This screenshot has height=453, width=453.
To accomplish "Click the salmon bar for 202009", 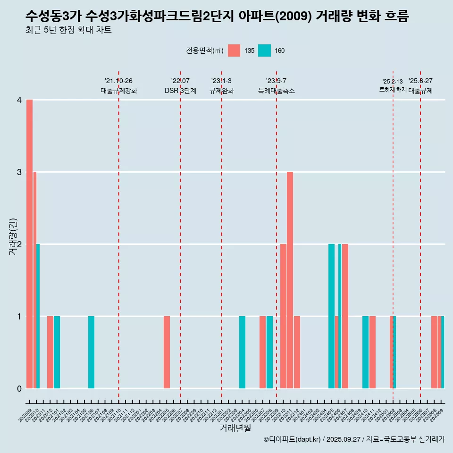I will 29,244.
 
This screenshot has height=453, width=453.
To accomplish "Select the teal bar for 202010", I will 38,316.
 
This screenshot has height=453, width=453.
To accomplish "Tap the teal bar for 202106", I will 91,352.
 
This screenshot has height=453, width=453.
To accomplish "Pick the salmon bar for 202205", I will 167,352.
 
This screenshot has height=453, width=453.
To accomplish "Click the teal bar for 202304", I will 242,352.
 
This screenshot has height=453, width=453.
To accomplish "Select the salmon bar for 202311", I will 290,280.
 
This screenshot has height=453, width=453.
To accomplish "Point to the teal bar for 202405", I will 331,316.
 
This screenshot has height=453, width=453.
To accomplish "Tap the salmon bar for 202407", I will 345,316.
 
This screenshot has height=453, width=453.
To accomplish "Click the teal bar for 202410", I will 366,352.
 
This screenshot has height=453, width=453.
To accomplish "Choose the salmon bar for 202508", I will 434,352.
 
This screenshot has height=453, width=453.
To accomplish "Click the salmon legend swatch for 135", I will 234,50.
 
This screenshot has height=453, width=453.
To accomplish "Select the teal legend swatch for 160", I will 264,50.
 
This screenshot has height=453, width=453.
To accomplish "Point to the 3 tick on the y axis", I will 19,172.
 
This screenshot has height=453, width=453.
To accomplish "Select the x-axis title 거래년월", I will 235,428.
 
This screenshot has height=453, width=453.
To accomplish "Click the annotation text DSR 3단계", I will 180,91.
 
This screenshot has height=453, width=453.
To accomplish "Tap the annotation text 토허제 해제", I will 393,90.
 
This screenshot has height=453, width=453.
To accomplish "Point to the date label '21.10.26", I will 118,81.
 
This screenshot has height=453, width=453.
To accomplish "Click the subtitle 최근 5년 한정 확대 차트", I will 69,31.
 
